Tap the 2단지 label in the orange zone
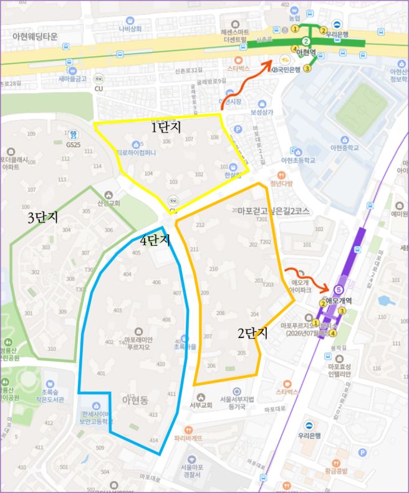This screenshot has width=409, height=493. coord(252,333)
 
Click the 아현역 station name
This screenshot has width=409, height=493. coord(307,52)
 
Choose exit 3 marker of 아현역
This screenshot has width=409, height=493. coord(307,68)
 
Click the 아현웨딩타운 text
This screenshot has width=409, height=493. coord(35,37)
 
